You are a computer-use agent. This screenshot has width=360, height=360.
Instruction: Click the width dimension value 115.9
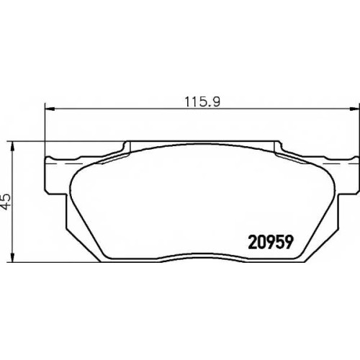(202, 102)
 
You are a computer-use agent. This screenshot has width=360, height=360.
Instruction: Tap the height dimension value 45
(6, 201)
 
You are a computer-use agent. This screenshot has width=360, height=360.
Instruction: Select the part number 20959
(271, 242)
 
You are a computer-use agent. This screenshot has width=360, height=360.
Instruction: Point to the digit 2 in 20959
(252, 242)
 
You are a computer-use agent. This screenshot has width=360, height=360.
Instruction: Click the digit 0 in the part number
(261, 242)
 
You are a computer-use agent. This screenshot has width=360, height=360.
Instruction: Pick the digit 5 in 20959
(279, 242)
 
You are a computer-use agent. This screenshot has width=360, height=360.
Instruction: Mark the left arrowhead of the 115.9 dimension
(50, 109)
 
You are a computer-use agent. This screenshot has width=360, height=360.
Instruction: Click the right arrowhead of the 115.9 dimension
(355, 109)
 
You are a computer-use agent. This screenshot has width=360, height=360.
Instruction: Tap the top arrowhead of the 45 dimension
(12, 146)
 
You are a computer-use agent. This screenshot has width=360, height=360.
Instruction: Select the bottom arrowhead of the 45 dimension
(12, 257)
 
